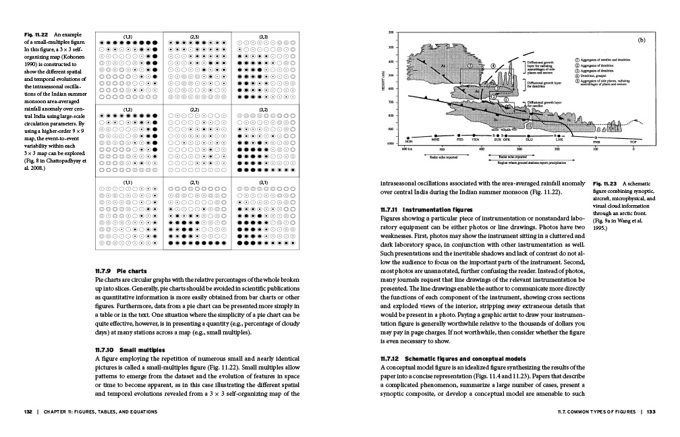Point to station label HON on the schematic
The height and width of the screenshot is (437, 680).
(408, 142)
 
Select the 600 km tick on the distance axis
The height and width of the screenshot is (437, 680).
(407, 148)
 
